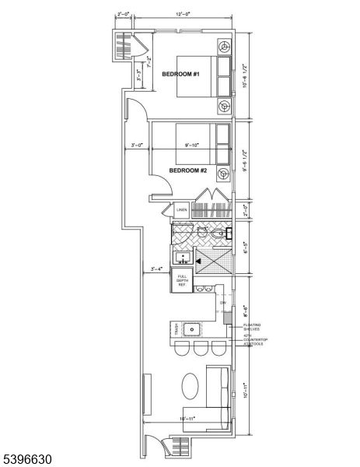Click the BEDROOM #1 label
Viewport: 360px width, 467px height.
tap(181, 74)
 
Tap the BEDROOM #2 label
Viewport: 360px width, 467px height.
tap(188, 170)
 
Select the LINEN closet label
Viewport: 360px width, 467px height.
tap(182, 210)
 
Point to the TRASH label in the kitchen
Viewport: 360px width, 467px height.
tap(177, 330)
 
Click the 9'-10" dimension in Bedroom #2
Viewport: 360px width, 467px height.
tap(189, 145)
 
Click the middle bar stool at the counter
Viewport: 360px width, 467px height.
tap(202, 349)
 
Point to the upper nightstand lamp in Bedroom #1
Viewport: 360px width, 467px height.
tap(224, 47)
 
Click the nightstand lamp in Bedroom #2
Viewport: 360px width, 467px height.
tap(224, 173)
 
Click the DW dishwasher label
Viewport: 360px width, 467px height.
tap(222, 302)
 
